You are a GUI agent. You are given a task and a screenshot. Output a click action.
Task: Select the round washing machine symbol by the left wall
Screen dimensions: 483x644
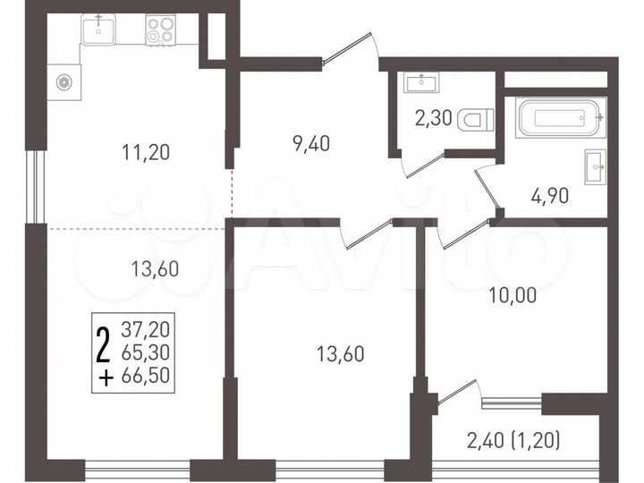point(64,82)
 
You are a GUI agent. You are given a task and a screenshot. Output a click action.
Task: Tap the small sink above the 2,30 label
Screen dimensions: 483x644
point(419,82)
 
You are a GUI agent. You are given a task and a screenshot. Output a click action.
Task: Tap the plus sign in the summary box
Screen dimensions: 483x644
point(105,377)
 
